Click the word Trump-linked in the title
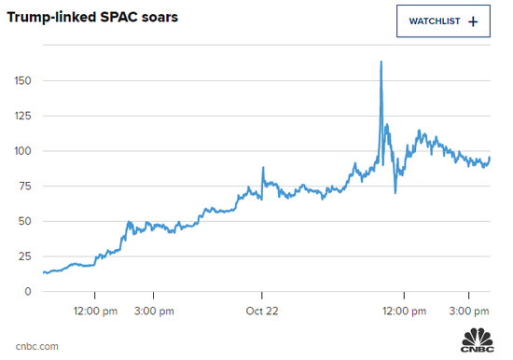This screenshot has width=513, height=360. point(52,19)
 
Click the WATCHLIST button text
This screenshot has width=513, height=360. point(434,21)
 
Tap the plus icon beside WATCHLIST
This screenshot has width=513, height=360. point(473,21)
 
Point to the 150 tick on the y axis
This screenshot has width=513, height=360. point(21,81)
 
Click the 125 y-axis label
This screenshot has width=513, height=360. point(21,117)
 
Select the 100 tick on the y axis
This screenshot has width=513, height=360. point(21,151)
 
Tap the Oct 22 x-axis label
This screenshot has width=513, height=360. point(263,311)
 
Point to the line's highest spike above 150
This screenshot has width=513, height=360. point(381,62)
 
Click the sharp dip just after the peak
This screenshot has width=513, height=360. point(395,192)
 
